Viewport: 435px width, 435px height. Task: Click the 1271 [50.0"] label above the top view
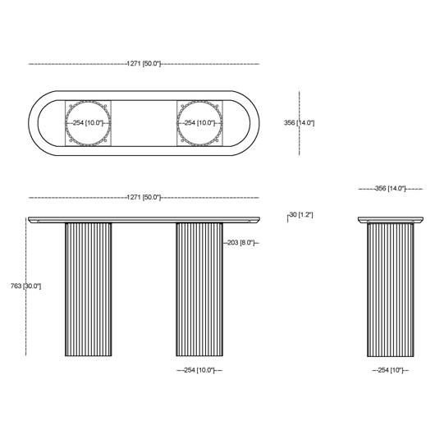(x=144, y=63)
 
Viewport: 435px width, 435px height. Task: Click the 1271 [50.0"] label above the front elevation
(x=144, y=197)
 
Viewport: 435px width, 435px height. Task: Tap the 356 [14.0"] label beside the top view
(x=299, y=122)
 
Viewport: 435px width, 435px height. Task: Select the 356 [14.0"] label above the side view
(x=390, y=189)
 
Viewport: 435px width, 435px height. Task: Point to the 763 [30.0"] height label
(x=25, y=286)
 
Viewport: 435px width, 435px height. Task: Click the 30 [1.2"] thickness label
(x=301, y=214)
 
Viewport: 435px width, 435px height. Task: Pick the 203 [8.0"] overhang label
(x=240, y=242)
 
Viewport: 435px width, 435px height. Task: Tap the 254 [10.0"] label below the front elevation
(x=199, y=370)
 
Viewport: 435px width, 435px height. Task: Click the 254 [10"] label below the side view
(x=391, y=370)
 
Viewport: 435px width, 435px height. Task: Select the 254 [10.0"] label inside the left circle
(x=88, y=122)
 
